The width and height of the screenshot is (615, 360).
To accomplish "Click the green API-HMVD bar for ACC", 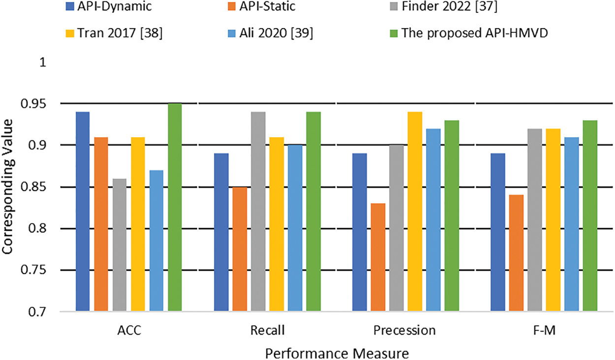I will point(175,207).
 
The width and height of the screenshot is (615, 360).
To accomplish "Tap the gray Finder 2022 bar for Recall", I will point(258,211).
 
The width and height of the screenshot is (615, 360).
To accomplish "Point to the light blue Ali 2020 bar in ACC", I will point(156,240).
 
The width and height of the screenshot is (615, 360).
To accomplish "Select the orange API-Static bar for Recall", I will point(240,249).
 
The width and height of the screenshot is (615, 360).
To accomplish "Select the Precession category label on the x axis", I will point(405,330).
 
